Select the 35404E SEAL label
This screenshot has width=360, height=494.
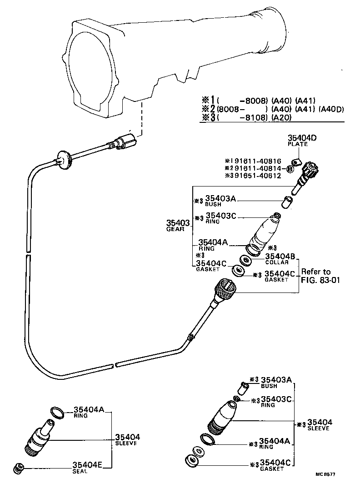coord(87,467)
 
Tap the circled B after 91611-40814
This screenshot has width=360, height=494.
coord(289,169)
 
